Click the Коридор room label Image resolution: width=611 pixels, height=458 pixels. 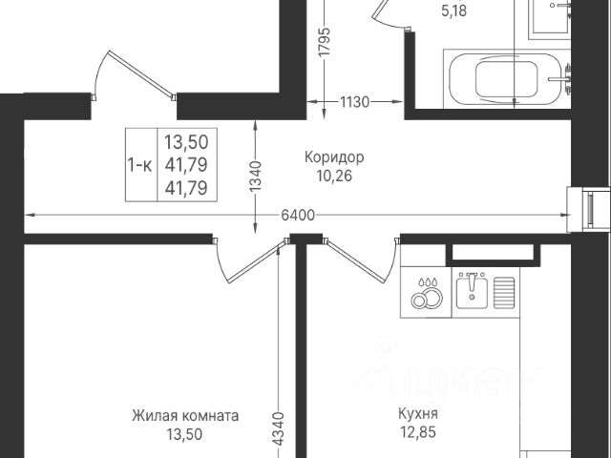[334, 157]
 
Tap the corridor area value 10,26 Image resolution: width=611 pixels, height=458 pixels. [334, 176]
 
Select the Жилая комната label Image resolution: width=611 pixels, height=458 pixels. [185, 416]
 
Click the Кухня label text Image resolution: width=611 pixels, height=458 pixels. [418, 413]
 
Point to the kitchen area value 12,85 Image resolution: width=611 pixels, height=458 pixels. [418, 432]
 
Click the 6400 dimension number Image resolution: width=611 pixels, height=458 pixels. [298, 215]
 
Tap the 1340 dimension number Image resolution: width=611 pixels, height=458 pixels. [255, 176]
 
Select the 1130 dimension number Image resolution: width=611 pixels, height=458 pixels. [354, 102]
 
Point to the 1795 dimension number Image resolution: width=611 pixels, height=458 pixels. [325, 42]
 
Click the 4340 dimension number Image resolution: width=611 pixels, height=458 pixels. [279, 428]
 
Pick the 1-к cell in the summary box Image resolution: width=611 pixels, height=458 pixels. [140, 165]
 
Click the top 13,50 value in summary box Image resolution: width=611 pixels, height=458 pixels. [186, 142]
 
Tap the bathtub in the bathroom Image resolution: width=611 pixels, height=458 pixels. [507, 78]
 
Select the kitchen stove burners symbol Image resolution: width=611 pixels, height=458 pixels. [427, 293]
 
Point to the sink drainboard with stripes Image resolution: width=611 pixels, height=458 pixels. [504, 292]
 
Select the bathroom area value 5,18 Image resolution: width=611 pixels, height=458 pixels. [453, 10]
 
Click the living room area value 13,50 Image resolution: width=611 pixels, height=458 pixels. [184, 434]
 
